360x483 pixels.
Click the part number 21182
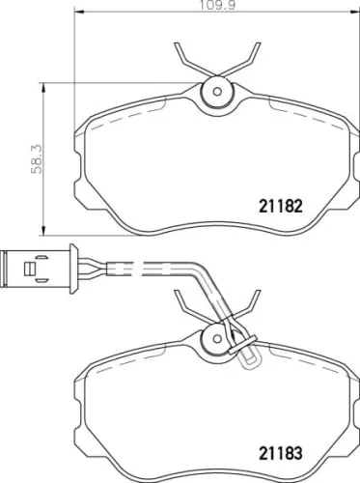click(281, 207)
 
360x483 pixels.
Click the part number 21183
click(281, 453)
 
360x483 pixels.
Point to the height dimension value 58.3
click(37, 159)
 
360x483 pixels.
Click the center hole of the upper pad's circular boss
click(217, 92)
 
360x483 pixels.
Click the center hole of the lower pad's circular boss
click(217, 339)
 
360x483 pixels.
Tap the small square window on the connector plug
click(29, 270)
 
